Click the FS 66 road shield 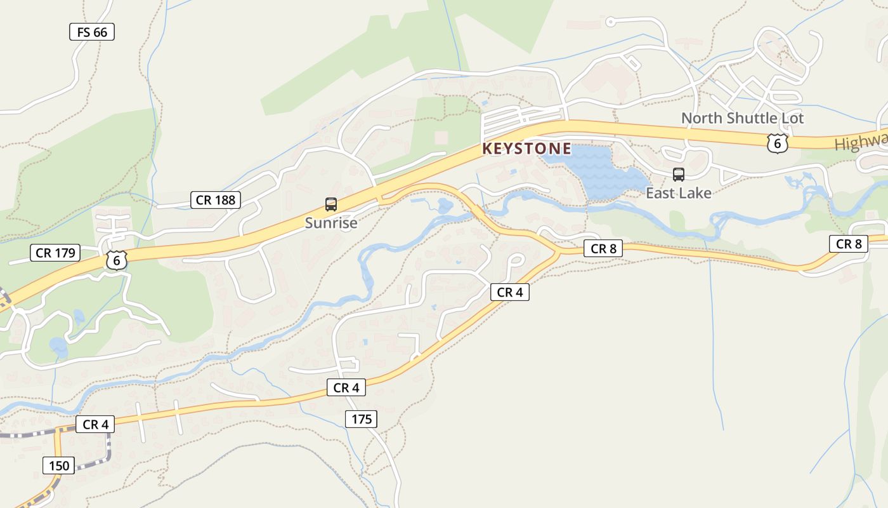[92, 32]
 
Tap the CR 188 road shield [216, 200]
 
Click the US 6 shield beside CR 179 [116, 260]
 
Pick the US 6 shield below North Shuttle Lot [777, 143]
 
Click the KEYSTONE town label [526, 149]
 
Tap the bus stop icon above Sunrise [331, 204]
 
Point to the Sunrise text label [331, 223]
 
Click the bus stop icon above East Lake [679, 175]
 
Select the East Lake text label [679, 193]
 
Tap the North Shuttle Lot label [742, 118]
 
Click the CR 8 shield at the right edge [848, 244]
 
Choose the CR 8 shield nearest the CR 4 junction [603, 249]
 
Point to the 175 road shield [362, 419]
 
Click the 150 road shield [59, 465]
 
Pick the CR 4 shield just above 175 [346, 387]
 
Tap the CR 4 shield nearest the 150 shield [95, 424]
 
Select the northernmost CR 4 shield [509, 292]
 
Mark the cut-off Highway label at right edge [861, 142]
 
